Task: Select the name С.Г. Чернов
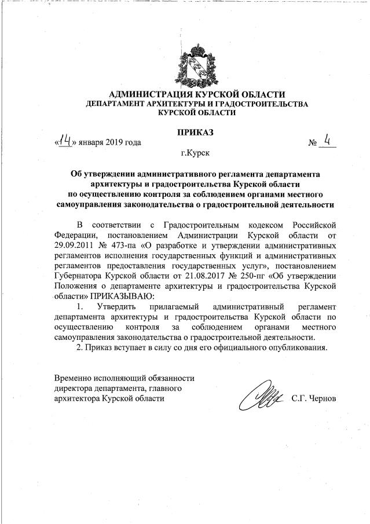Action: click(318, 399)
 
